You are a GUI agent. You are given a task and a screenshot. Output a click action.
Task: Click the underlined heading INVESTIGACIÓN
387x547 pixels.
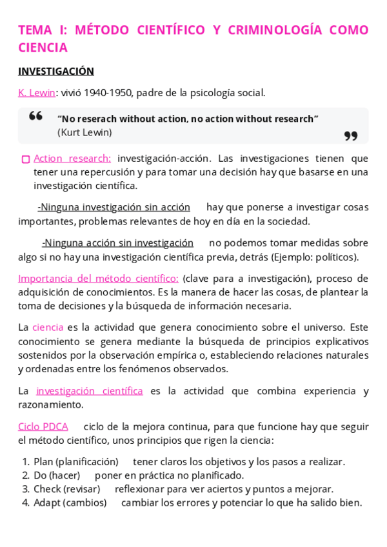[56, 71]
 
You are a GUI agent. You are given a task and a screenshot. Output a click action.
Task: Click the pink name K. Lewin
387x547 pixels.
[37, 92]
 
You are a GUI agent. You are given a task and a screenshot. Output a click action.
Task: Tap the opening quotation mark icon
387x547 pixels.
[35, 116]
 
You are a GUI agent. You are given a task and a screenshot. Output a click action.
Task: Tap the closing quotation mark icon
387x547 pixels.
[350, 135]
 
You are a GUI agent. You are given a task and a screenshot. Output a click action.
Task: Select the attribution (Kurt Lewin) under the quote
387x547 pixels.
[84, 132]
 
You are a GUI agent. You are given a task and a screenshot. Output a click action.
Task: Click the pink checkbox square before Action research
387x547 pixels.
[25, 159]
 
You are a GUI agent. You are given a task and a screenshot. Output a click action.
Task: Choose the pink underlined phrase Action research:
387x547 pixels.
[72, 158]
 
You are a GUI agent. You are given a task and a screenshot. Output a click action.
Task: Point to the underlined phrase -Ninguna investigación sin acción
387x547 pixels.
[114, 207]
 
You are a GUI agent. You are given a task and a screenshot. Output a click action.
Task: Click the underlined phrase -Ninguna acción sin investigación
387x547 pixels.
[117, 243]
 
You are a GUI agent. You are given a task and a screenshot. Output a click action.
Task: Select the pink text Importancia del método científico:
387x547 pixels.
[98, 278]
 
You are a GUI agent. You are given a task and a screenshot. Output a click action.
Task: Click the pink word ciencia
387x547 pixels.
[48, 327]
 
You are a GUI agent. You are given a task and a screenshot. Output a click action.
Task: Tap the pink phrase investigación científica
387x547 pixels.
[89, 390]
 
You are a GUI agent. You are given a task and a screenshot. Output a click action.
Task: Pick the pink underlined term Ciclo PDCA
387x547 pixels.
[43, 426]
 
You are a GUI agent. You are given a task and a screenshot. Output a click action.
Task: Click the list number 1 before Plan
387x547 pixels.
[25, 461]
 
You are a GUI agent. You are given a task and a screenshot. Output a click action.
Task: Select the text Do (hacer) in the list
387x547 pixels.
[57, 475]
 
